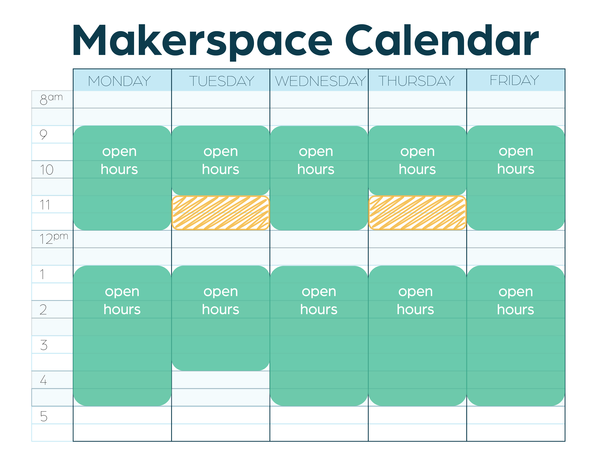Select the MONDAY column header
[x=119, y=81]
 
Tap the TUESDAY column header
[x=221, y=81]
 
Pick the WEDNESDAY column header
[x=320, y=81]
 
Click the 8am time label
[x=51, y=99]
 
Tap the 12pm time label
[x=54, y=238]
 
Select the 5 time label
[x=44, y=416]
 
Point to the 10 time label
[x=46, y=170]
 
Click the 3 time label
[x=44, y=345]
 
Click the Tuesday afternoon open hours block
[x=221, y=318]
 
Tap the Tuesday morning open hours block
[x=221, y=161]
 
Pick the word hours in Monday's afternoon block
[x=122, y=310]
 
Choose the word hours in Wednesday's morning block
[x=316, y=169]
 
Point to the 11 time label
[x=45, y=205]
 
